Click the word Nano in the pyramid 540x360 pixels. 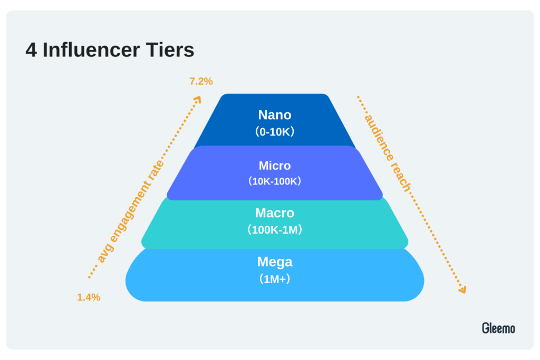click(x=274, y=115)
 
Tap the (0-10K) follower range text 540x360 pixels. click(x=274, y=131)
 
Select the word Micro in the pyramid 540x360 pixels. click(x=274, y=166)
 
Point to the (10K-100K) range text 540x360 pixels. click(x=274, y=181)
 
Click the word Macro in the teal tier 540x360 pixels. click(x=274, y=213)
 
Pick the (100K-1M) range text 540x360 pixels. click(x=274, y=230)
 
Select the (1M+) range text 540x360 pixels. click(x=274, y=279)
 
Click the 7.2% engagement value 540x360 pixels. click(x=201, y=82)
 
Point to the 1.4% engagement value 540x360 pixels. click(x=89, y=297)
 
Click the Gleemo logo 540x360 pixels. click(x=498, y=328)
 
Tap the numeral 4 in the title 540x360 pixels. click(x=31, y=50)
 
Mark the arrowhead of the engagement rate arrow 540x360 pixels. click(x=197, y=100)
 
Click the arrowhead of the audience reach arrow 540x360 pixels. click(x=462, y=290)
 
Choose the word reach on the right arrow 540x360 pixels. click(x=401, y=178)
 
